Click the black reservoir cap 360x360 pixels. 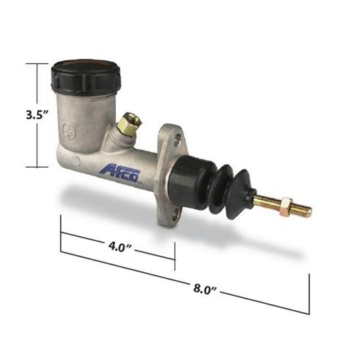click(x=85, y=76)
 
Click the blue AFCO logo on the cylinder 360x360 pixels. click(x=120, y=171)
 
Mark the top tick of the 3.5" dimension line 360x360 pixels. click(x=37, y=63)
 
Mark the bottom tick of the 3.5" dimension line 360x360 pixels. click(x=37, y=167)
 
